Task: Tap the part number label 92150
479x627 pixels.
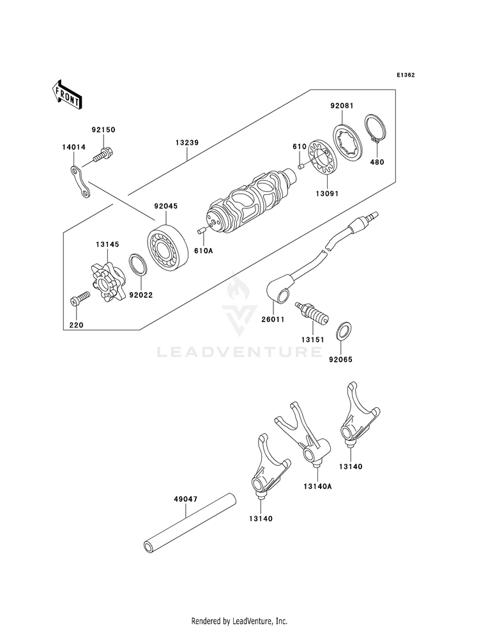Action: click(x=103, y=130)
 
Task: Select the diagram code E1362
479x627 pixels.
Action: click(x=406, y=75)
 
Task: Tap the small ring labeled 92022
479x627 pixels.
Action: click(x=139, y=265)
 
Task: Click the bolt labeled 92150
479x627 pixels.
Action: click(x=103, y=155)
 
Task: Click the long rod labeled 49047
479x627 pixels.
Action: click(x=190, y=524)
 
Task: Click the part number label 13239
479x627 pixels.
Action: click(x=187, y=143)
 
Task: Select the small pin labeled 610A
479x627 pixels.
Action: click(x=202, y=230)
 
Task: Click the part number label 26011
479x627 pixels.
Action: click(x=273, y=320)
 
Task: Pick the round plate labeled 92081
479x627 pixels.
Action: click(x=347, y=139)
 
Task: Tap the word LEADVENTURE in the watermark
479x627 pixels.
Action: click(x=240, y=352)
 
